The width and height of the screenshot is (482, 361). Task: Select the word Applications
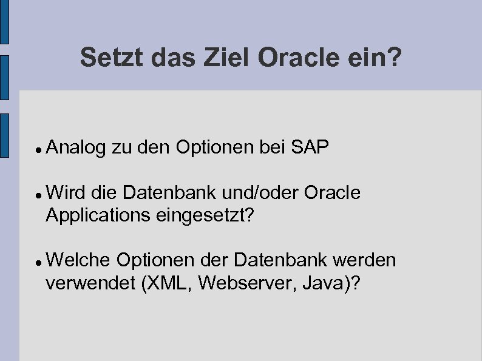(99, 215)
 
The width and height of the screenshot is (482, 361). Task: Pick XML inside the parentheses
(163, 282)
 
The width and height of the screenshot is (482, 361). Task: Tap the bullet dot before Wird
(38, 195)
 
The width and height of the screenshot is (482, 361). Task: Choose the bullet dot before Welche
(38, 262)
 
